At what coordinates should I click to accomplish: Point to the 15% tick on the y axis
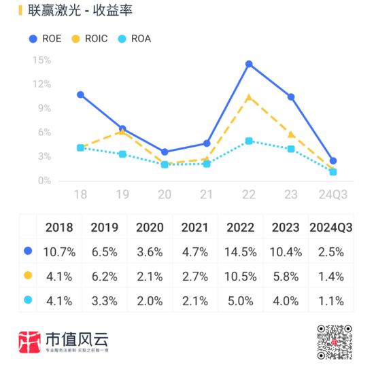tap(41, 60)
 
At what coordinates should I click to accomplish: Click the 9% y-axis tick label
tap(44, 108)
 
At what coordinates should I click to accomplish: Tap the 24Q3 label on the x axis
tap(333, 196)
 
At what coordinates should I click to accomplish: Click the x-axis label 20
tap(164, 196)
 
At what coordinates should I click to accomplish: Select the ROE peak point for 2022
tap(249, 64)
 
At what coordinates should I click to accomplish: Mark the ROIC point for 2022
tap(249, 96)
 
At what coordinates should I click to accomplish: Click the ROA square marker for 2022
tap(249, 141)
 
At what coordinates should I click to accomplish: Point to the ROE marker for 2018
tap(80, 94)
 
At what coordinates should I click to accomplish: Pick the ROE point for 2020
tap(165, 152)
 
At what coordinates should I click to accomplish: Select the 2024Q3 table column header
tap(331, 228)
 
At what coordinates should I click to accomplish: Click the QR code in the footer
tap(335, 342)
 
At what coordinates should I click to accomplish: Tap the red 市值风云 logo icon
tap(29, 342)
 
